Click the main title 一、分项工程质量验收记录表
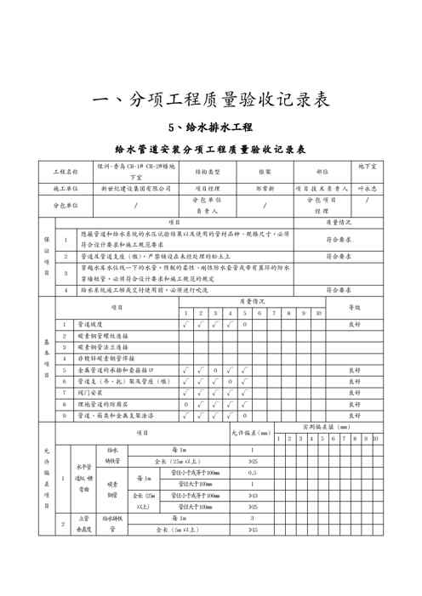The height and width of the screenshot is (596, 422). click(x=210, y=100)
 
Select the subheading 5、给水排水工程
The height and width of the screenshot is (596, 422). click(x=211, y=128)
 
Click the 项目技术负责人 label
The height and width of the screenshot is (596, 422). click(x=322, y=188)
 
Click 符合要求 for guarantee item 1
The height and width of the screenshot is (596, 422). click(x=339, y=240)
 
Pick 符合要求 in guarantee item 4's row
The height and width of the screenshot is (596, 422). click(x=339, y=290)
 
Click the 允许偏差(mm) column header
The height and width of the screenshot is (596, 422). click(x=251, y=433)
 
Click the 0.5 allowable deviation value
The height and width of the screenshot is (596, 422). click(x=252, y=472)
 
